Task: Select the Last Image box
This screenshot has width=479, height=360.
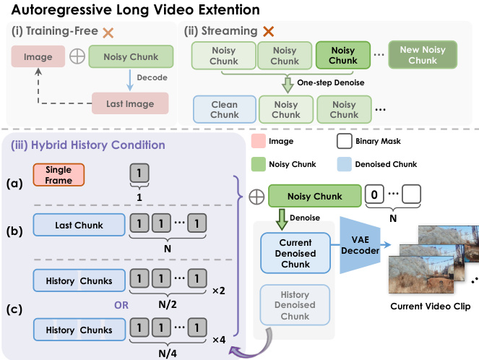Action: [129, 103]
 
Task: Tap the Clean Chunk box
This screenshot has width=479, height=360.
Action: [224, 109]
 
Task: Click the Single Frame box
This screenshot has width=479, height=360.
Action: [59, 174]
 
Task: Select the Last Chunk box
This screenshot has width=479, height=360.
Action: [79, 225]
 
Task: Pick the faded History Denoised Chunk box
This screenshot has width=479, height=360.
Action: [295, 304]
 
